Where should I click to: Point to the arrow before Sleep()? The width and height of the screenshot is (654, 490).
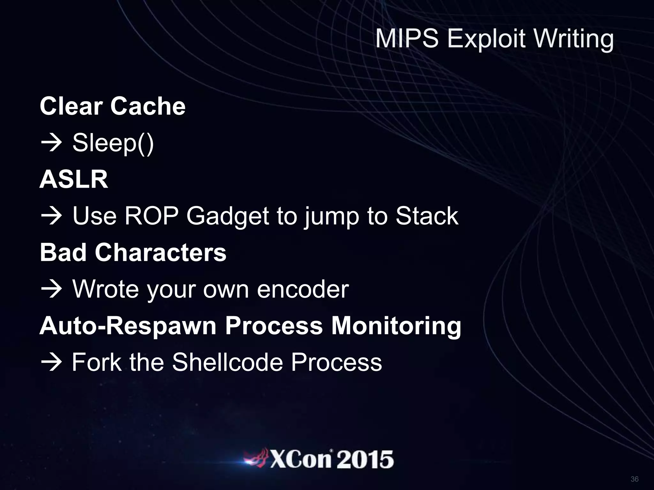pos(51,143)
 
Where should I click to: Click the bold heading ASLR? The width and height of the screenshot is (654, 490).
pos(74,179)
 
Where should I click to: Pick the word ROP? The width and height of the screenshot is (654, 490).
pos(151,216)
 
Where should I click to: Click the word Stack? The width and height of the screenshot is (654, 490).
pos(427,216)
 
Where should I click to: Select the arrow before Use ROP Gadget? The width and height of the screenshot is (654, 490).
pos(51,216)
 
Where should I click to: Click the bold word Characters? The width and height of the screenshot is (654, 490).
pos(160,253)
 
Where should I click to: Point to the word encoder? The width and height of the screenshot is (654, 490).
pos(303,289)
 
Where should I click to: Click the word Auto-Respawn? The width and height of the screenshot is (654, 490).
pos(128,326)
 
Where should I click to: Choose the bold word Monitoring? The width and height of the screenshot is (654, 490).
pos(396,326)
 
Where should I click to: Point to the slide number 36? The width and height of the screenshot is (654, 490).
pos(635,479)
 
